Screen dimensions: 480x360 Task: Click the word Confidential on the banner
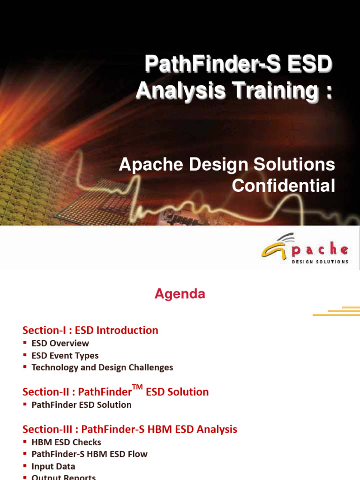[x=284, y=186]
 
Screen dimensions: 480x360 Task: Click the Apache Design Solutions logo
[x=305, y=249]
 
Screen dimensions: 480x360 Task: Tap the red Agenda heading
[x=180, y=294]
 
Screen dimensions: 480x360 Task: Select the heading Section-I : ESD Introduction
[x=90, y=330]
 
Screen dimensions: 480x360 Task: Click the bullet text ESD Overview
[x=60, y=343]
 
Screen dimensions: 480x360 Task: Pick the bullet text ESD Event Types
[x=65, y=355]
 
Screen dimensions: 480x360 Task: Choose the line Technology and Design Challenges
[x=102, y=367]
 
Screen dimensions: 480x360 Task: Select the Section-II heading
[x=115, y=391]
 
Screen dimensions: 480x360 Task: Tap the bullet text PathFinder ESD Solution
[x=81, y=405]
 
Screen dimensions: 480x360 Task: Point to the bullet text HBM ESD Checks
[x=66, y=442]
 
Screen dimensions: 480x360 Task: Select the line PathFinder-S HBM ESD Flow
[x=89, y=454]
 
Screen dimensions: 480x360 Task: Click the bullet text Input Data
[x=53, y=466]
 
